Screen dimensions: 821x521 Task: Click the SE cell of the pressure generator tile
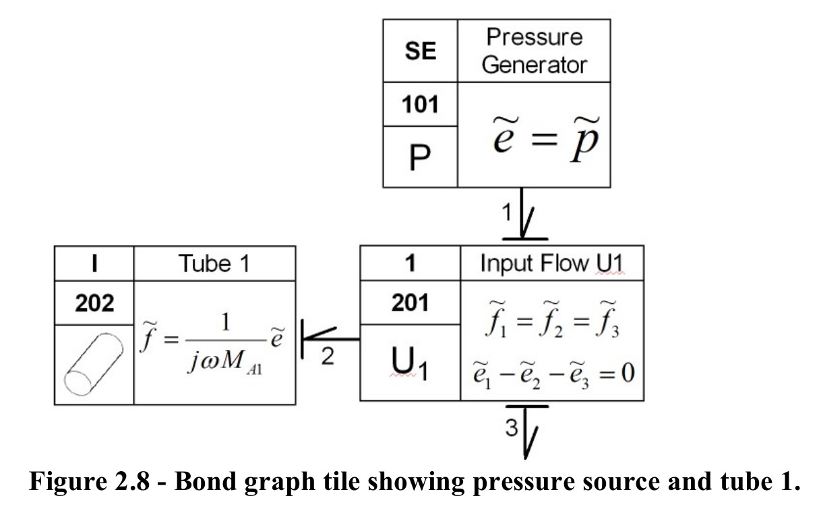(x=421, y=51)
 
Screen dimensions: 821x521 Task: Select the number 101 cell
(x=420, y=104)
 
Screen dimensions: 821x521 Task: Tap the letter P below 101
(x=420, y=157)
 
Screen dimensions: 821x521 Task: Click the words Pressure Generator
(x=535, y=51)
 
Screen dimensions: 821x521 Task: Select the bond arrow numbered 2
(x=330, y=339)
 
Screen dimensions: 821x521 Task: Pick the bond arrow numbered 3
(x=526, y=431)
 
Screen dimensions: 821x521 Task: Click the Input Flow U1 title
(x=551, y=263)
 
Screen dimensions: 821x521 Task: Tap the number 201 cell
(x=410, y=303)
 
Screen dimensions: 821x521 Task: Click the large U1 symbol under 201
(x=409, y=363)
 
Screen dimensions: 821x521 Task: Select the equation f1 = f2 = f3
(x=552, y=319)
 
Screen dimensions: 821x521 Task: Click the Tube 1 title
(x=214, y=264)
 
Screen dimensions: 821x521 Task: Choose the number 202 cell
(x=94, y=303)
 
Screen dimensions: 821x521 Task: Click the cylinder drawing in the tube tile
(x=94, y=365)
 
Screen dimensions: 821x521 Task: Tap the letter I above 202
(x=94, y=263)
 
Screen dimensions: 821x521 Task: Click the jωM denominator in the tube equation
(x=225, y=363)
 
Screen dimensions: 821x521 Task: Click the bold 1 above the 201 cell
(x=410, y=263)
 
